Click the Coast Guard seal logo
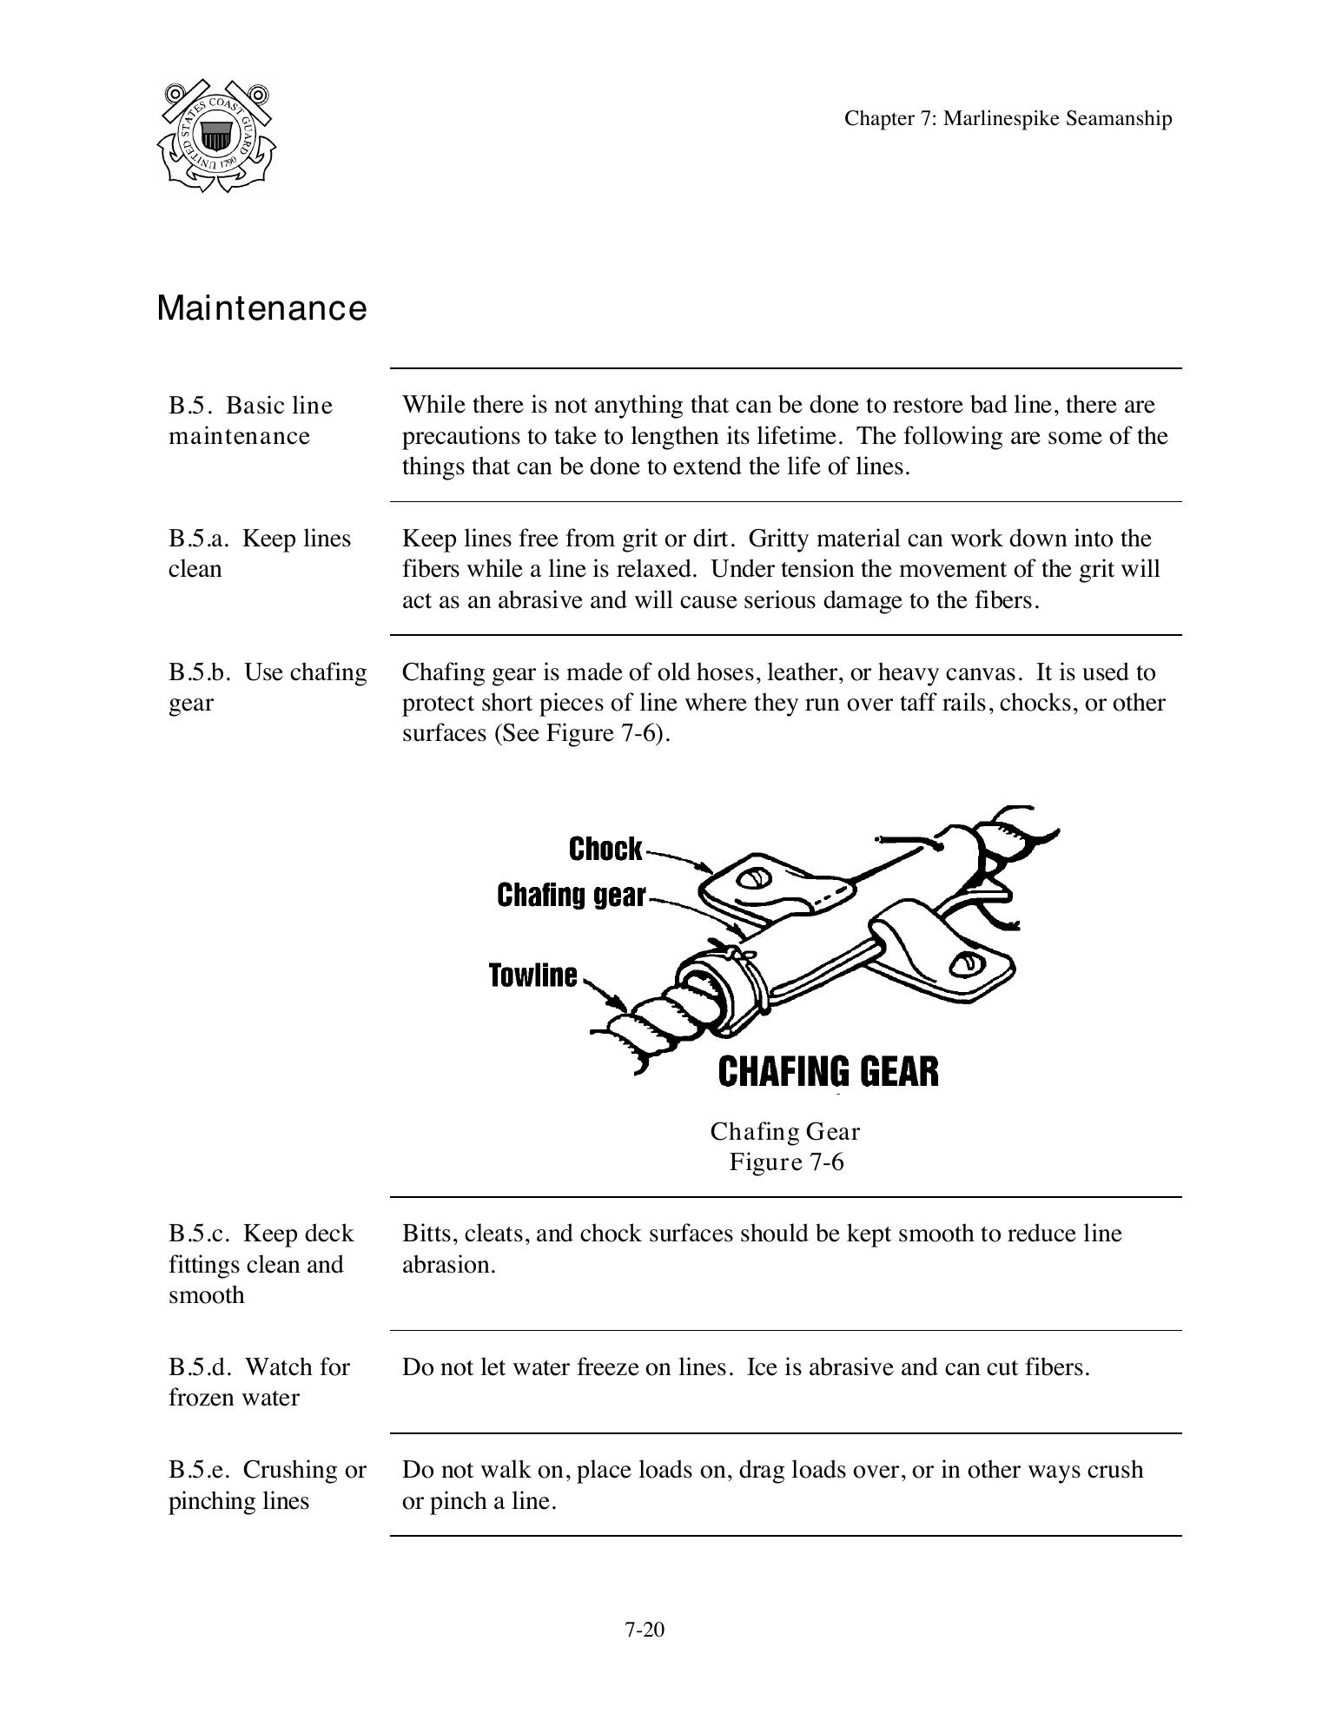click(216, 136)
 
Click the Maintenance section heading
click(261, 308)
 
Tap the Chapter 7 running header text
click(1008, 119)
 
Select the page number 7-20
click(644, 1630)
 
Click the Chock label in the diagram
click(605, 850)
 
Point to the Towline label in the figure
click(532, 976)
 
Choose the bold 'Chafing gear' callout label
click(571, 895)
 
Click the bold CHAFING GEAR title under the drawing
click(828, 1071)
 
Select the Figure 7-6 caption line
click(786, 1162)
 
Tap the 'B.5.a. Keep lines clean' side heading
click(259, 553)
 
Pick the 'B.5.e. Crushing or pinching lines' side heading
click(267, 1485)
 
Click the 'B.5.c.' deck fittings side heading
click(261, 1264)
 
